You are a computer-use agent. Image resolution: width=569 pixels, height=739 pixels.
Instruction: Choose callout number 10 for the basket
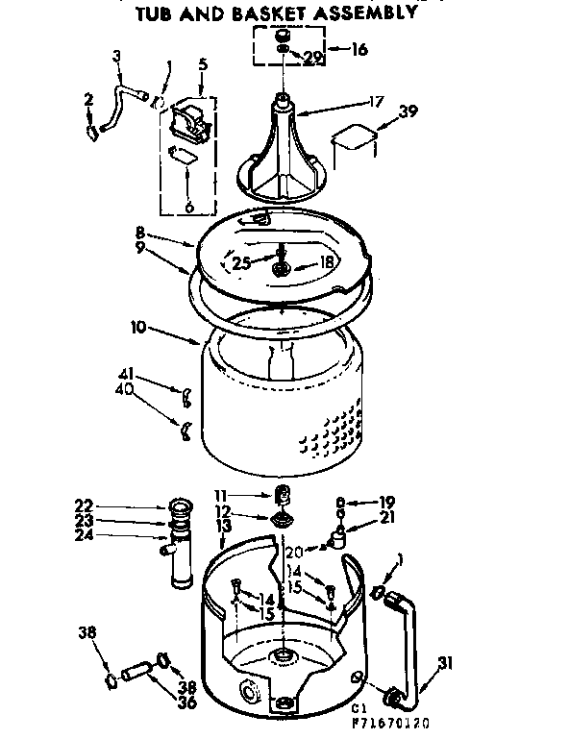[139, 328]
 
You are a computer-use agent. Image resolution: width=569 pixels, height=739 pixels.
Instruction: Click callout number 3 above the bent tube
[117, 56]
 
